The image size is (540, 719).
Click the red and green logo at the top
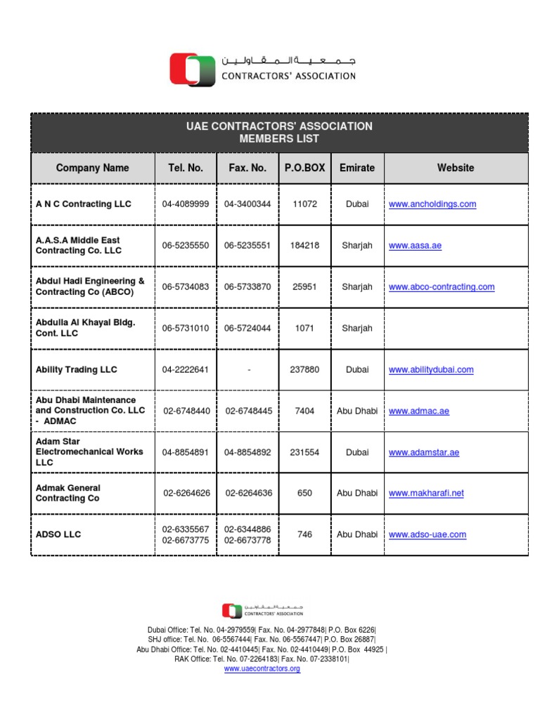pyautogui.click(x=192, y=70)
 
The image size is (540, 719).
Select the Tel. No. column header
pyautogui.click(x=186, y=168)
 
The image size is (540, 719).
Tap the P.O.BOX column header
pyautogui.click(x=304, y=168)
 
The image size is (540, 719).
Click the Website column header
pyautogui.click(x=455, y=168)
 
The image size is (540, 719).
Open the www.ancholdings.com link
pyautogui.click(x=432, y=204)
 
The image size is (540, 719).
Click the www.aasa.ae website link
pyautogui.click(x=415, y=246)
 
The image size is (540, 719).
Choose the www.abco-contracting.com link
pyautogui.click(x=441, y=287)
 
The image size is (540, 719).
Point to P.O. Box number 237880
pyautogui.click(x=304, y=369)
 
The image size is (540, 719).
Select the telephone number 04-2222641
pyautogui.click(x=186, y=369)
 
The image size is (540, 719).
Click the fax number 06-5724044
pyautogui.click(x=247, y=328)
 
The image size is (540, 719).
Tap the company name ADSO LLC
pyautogui.click(x=58, y=534)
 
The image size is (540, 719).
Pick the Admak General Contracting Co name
pyautogui.click(x=68, y=493)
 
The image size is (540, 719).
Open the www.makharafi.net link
pyautogui.click(x=426, y=494)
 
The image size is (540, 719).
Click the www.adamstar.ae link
pyautogui.click(x=423, y=453)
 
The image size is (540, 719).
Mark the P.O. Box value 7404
pyautogui.click(x=304, y=411)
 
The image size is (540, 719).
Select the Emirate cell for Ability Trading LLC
pyautogui.click(x=357, y=369)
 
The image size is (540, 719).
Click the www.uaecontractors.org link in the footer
pyautogui.click(x=262, y=669)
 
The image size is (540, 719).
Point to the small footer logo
pyautogui.click(x=232, y=611)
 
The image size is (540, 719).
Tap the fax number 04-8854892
pyautogui.click(x=247, y=452)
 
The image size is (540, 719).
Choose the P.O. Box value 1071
pyautogui.click(x=304, y=328)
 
